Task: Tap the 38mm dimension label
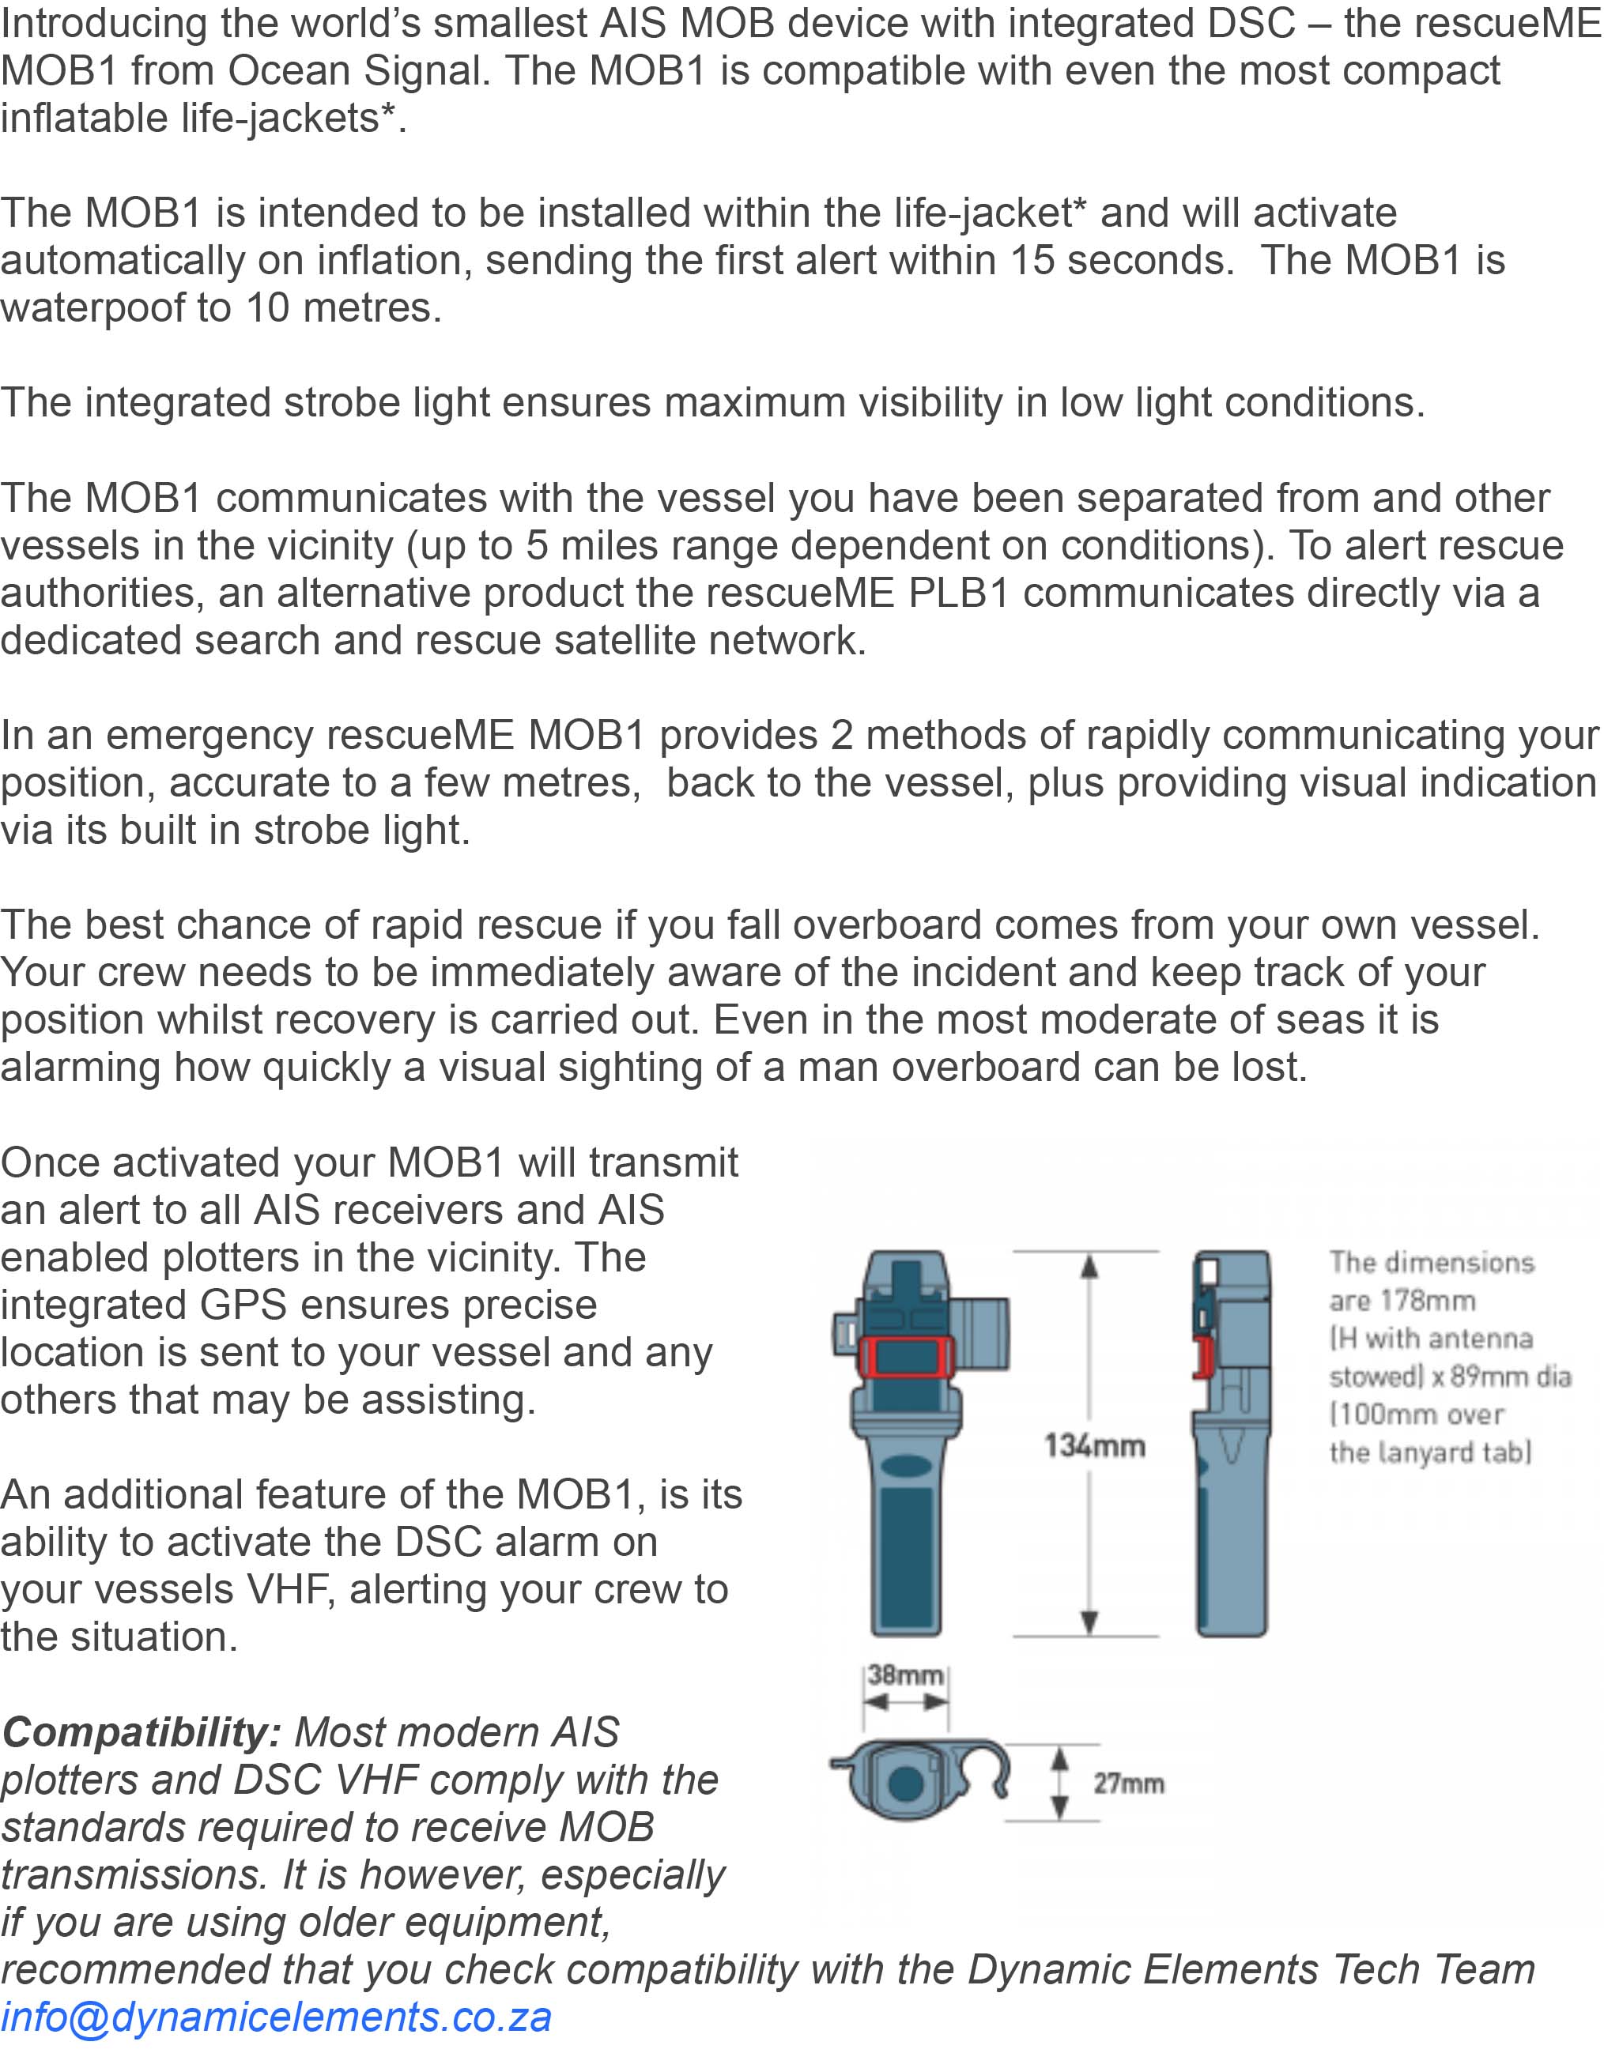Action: pos(904,1674)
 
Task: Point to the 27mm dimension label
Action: pos(1127,1784)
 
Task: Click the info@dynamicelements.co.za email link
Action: pos(275,2017)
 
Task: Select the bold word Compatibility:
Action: pos(141,1732)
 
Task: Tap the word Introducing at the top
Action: pos(104,24)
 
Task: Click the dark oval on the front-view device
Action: pos(907,1467)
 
